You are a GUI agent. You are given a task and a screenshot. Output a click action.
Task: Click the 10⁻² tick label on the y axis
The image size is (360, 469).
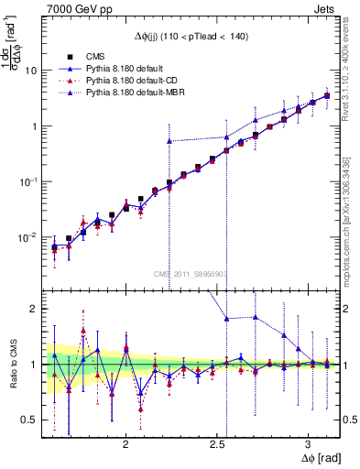click(29, 237)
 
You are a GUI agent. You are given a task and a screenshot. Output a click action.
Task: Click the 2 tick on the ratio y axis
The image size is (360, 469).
click(33, 309)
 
